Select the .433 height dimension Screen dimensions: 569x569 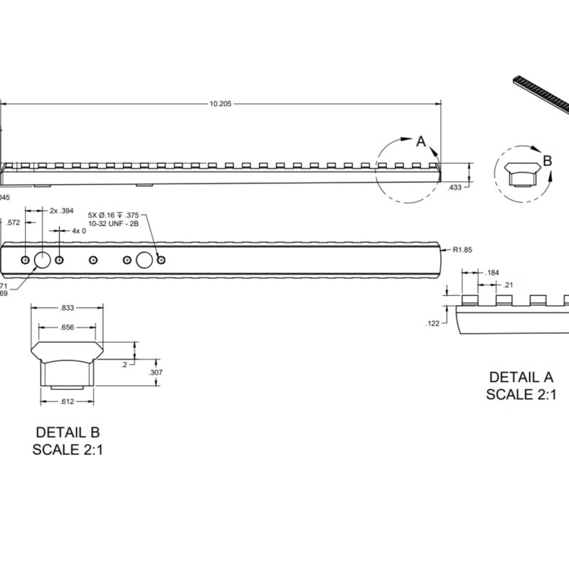[x=456, y=187]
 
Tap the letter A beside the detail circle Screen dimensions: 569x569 [x=420, y=142]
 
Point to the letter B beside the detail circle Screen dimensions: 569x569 [x=547, y=161]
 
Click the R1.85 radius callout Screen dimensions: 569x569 [x=463, y=250]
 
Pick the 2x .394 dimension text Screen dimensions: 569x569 [x=62, y=211]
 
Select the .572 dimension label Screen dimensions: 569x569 [x=12, y=223]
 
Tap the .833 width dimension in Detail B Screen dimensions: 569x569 [x=68, y=308]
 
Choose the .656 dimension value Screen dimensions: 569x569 [x=67, y=327]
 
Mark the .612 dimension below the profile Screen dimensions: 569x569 [x=67, y=402]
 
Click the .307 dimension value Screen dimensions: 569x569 [x=156, y=373]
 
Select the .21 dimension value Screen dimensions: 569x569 [x=509, y=285]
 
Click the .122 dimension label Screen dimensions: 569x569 [x=432, y=324]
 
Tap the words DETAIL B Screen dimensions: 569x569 [x=68, y=432]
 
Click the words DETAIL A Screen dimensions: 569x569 [x=521, y=377]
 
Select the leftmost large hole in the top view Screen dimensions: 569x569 [x=42, y=260]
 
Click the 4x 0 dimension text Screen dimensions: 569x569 [x=78, y=231]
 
